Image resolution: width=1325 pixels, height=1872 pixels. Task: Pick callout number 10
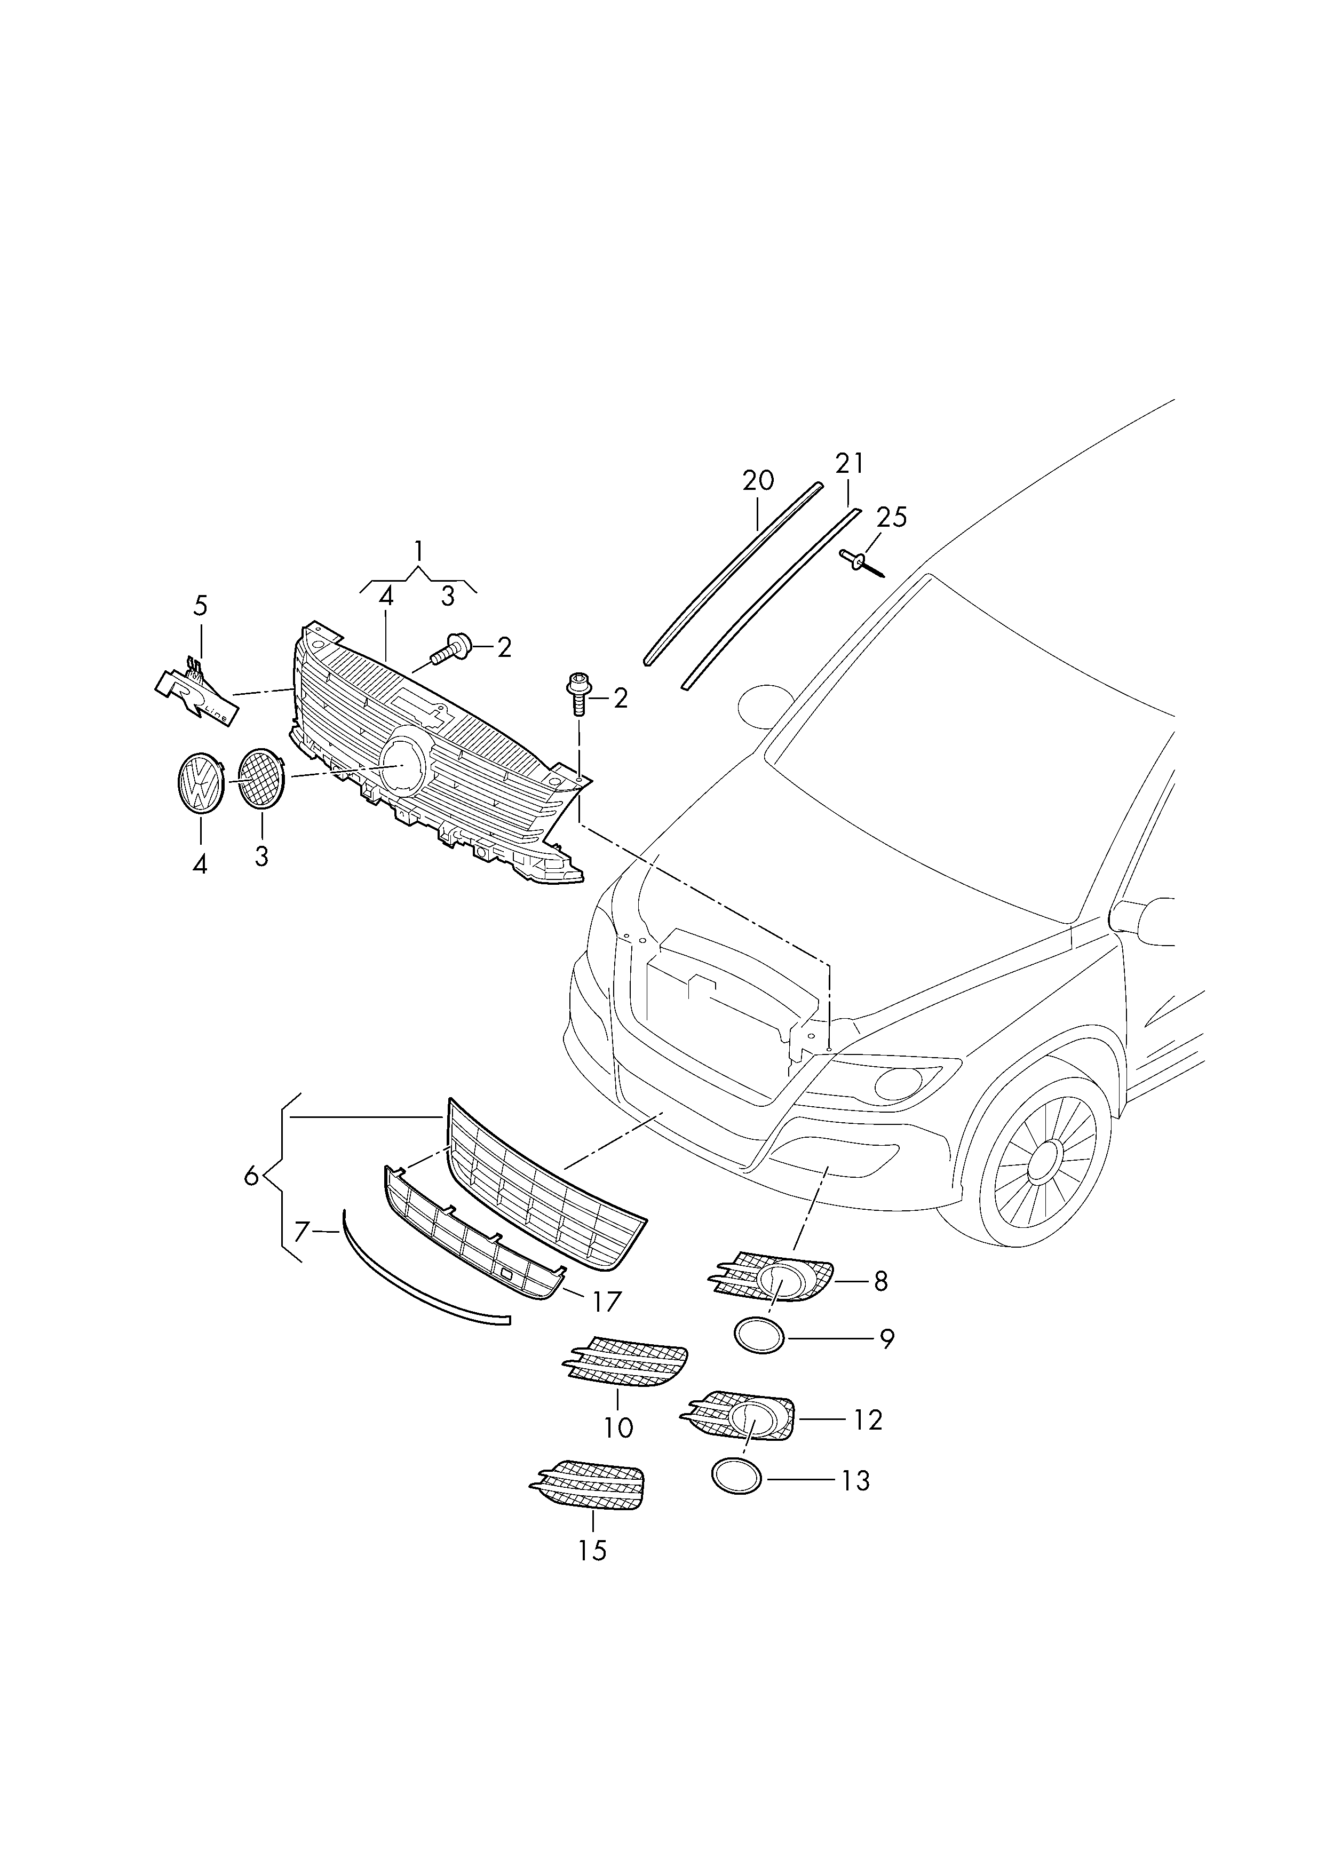618,1427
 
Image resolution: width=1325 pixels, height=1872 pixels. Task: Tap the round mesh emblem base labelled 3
261,780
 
